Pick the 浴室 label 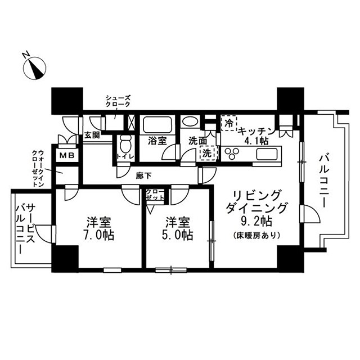[x=156, y=141]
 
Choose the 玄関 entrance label [x=92, y=135]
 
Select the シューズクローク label [x=118, y=101]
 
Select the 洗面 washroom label [x=197, y=141]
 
